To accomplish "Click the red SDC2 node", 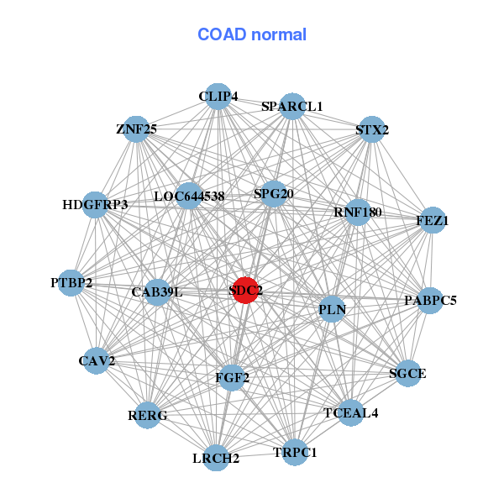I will [244, 291].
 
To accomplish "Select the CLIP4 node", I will [218, 97].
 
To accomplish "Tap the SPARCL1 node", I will [292, 106].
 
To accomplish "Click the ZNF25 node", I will [136, 129].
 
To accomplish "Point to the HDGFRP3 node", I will [95, 204].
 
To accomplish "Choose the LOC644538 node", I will [190, 197].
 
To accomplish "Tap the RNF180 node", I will [357, 213].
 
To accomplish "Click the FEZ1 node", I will [432, 221].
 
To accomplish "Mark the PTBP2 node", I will [71, 282].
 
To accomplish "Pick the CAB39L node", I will [157, 292].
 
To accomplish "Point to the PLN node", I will [332, 310].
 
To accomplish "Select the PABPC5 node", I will [429, 300].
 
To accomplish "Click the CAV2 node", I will [97, 361].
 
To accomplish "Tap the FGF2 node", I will [232, 378].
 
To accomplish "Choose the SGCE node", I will [407, 373].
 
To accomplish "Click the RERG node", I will [147, 415].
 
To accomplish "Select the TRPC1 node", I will [295, 453].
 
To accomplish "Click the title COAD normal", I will [252, 35].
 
